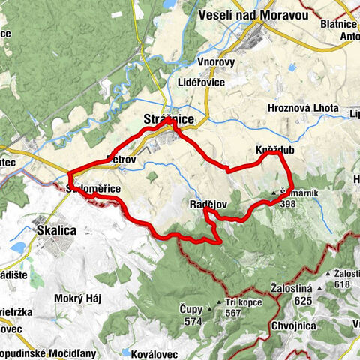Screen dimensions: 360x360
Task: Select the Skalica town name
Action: [57, 232]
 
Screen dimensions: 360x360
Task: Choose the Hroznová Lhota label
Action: [302, 106]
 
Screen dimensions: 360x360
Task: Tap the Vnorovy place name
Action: [218, 63]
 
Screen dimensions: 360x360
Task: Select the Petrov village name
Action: [120, 159]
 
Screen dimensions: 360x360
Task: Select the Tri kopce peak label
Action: [244, 303]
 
